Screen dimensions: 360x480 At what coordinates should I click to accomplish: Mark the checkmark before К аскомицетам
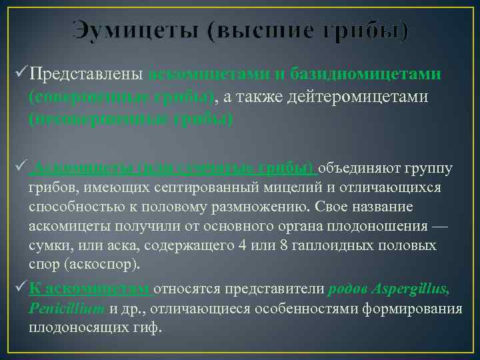click(20, 289)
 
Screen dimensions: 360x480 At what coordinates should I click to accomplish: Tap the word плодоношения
click(373, 226)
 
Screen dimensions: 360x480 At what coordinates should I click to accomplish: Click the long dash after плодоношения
click(441, 226)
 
